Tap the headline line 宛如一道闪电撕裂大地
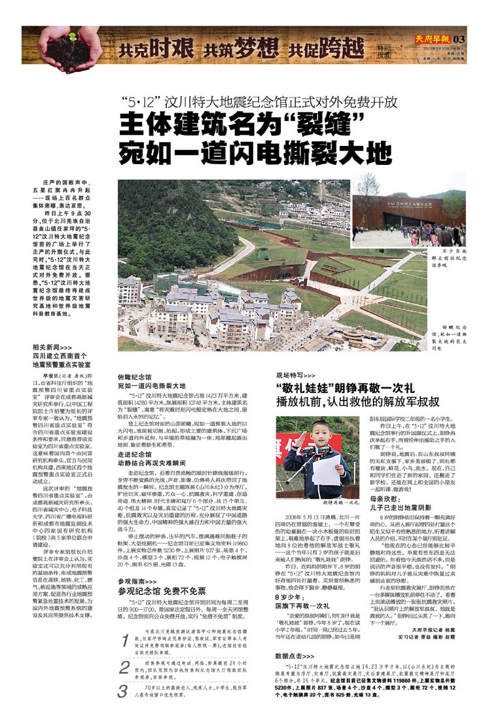pyautogui.click(x=255, y=153)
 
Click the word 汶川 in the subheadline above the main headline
pyautogui.click(x=182, y=103)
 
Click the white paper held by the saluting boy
pyautogui.click(x=326, y=469)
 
